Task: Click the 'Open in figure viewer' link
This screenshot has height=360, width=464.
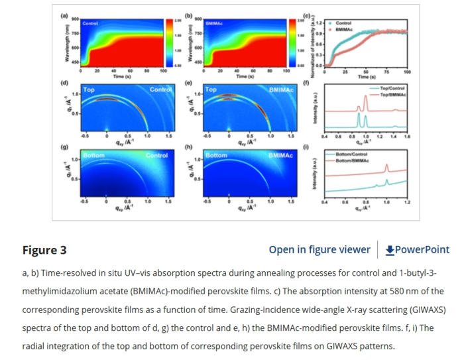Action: pyautogui.click(x=319, y=250)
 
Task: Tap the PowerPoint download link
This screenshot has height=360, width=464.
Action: pyautogui.click(x=417, y=250)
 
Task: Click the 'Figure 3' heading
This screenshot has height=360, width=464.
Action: pyautogui.click(x=44, y=250)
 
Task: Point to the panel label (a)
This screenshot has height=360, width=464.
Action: pyautogui.click(x=64, y=15)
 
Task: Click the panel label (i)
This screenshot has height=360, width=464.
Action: pyautogui.click(x=306, y=147)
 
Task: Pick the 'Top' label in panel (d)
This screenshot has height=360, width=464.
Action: pyautogui.click(x=88, y=89)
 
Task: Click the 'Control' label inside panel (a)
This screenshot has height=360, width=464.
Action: pyautogui.click(x=90, y=23)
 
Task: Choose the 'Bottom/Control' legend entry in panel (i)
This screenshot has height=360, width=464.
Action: pyautogui.click(x=351, y=154)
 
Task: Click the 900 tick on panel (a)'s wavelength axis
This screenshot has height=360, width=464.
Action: pyautogui.click(x=75, y=19)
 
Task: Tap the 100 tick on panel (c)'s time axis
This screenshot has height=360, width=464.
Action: pyautogui.click(x=407, y=71)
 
